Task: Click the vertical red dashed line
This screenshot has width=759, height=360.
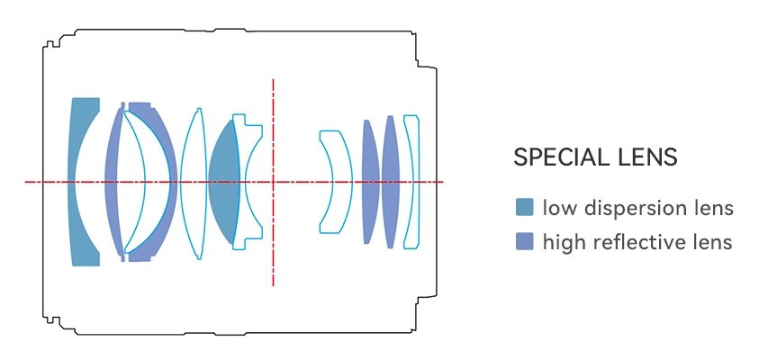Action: [273, 243]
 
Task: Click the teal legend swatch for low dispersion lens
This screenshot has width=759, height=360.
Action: [524, 208]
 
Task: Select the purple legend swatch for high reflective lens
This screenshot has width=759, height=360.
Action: [524, 241]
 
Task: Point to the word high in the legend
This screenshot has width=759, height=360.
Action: [562, 242]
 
